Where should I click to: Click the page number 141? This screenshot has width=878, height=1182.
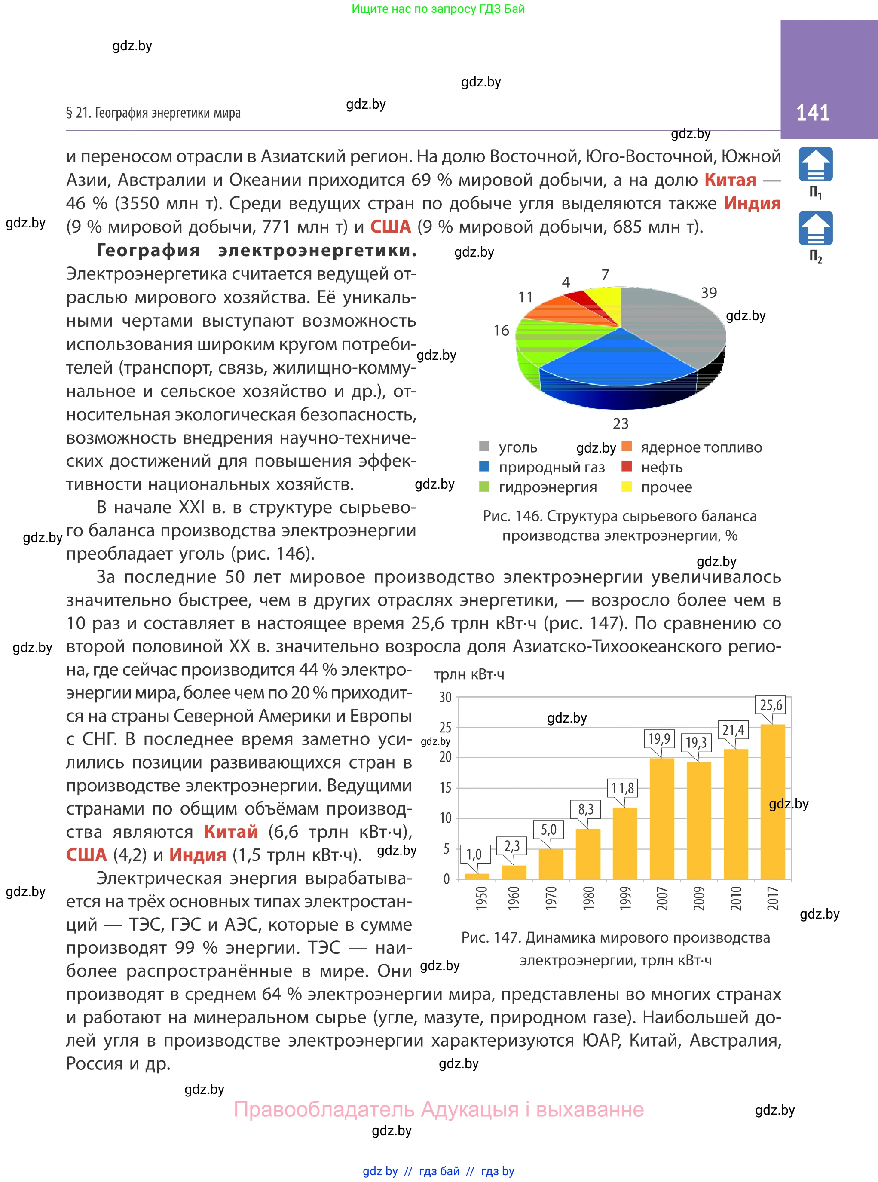tap(812, 113)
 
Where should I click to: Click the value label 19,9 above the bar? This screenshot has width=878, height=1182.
tap(659, 738)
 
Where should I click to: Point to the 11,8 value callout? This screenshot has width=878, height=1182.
tap(622, 788)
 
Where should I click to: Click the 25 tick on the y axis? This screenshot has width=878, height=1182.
tap(445, 728)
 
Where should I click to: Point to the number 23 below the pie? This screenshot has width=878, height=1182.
tap(620, 423)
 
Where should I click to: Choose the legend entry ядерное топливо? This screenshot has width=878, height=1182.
tap(701, 447)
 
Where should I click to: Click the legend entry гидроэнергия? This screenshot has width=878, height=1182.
tap(547, 487)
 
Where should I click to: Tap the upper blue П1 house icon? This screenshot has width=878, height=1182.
tap(815, 165)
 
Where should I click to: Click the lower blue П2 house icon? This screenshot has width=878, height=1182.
tap(815, 229)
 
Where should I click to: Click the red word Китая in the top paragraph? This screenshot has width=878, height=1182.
tap(730, 180)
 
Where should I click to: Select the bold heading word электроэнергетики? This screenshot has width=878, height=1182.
tap(317, 250)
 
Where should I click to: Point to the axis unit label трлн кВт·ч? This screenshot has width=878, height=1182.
tap(469, 674)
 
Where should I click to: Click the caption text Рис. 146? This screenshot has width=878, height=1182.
tap(512, 516)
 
